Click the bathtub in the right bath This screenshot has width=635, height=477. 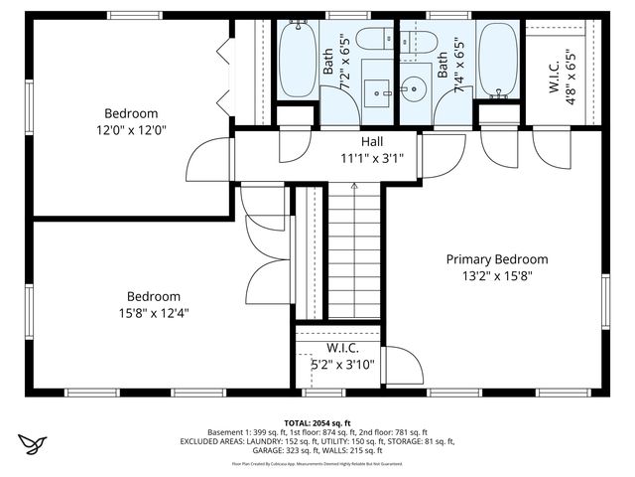pyautogui.click(x=496, y=60)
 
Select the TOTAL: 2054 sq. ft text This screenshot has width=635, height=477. pyautogui.click(x=317, y=422)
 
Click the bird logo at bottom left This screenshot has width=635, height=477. pyautogui.click(x=32, y=441)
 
